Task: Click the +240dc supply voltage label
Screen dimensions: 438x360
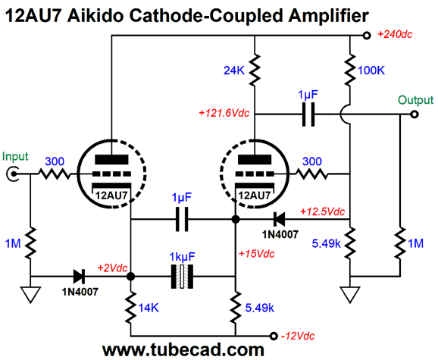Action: (x=395, y=34)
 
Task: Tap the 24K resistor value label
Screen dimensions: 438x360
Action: (x=234, y=70)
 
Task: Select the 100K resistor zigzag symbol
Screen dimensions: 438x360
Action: (x=350, y=70)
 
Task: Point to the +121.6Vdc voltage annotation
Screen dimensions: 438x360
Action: (x=224, y=113)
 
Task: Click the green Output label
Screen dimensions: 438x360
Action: (x=416, y=100)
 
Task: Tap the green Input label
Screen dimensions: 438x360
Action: (x=15, y=156)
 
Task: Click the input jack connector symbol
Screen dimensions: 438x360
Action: (x=12, y=174)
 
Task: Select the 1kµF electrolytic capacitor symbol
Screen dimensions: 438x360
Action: (x=182, y=277)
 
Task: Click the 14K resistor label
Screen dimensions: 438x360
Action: (x=149, y=308)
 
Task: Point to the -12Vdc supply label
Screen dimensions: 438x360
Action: (x=298, y=336)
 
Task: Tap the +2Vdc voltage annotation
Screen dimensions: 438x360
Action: (x=112, y=268)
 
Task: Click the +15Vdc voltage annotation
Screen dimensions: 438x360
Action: (x=257, y=254)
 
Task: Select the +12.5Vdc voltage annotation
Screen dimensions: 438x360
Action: (x=322, y=211)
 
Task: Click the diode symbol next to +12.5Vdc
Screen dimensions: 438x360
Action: (x=279, y=219)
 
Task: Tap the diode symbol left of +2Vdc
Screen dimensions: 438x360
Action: (x=79, y=277)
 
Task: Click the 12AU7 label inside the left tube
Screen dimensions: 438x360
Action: (x=111, y=196)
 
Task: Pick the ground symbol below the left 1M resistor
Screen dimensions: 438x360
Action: (x=31, y=295)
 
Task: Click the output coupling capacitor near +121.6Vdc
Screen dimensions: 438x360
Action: (x=308, y=114)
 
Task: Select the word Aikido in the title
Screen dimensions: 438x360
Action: (x=95, y=16)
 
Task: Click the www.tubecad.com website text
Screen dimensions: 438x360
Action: (x=183, y=349)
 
